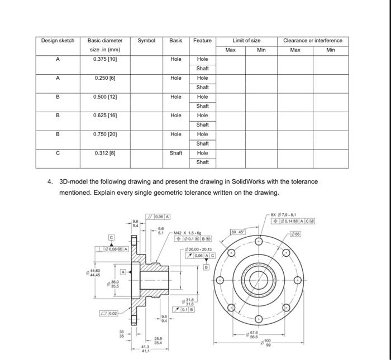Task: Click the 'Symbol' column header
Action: [146, 40]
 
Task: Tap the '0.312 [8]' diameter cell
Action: [105, 153]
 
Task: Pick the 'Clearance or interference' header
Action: [313, 40]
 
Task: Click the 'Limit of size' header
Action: [246, 40]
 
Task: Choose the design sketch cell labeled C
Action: [59, 153]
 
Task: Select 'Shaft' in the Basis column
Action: [176, 153]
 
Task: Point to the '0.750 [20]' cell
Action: [105, 134]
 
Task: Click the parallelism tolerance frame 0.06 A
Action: [159, 217]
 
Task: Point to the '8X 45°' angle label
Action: [235, 231]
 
